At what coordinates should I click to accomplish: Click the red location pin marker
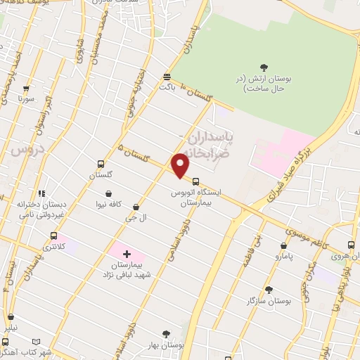point(180,165)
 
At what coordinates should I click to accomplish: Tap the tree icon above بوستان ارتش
point(264,68)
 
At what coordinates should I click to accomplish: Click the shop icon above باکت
point(167,77)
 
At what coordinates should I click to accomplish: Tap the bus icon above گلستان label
point(101,164)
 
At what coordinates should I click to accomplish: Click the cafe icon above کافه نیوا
point(108,193)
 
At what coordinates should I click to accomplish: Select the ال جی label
point(130,219)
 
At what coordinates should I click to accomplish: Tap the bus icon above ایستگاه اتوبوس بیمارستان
point(195,179)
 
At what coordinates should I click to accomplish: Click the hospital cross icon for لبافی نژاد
point(127,253)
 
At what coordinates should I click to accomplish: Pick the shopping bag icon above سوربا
point(26,90)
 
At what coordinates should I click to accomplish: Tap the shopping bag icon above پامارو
point(283,246)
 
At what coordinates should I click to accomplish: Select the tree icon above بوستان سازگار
point(268,289)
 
